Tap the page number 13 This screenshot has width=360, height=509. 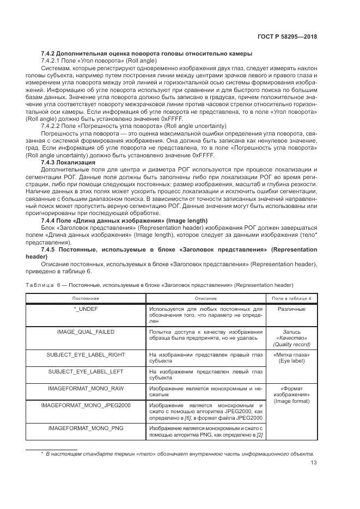pos(314,463)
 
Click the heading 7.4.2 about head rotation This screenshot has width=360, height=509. pos(147,53)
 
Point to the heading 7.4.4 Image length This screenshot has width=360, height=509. pos(124,220)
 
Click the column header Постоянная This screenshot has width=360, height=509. pos(86,298)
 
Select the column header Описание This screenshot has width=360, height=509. pos(205,298)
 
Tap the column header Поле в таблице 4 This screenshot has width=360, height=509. pos(291,298)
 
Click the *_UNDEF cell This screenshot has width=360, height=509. pos(86,309)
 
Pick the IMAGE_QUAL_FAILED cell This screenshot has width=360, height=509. pos(86,332)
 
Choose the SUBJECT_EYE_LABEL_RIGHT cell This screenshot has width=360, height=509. pos(86,354)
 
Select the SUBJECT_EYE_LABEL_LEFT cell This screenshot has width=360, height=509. pos(86,371)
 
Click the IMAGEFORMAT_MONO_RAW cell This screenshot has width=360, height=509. pos(86,388)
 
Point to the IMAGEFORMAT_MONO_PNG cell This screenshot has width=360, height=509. pos(86,428)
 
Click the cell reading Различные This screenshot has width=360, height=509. pos(291,309)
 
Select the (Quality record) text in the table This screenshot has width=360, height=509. pos(291,344)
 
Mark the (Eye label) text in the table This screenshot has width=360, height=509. pos(291,361)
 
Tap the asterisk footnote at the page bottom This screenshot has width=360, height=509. pos(172,453)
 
